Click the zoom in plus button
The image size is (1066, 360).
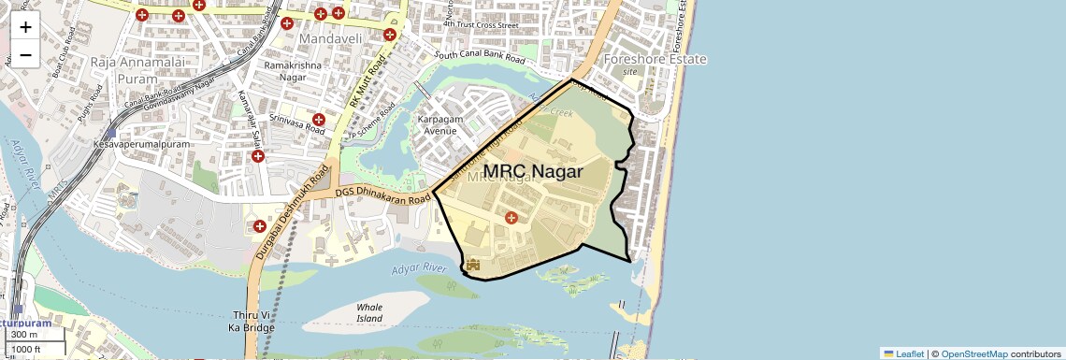click(25, 26)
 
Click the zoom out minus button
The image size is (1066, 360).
click(25, 54)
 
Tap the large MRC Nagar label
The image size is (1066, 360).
click(533, 172)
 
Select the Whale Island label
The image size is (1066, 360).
click(370, 312)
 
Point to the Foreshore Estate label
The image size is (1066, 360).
click(655, 59)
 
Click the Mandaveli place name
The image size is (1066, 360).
click(330, 39)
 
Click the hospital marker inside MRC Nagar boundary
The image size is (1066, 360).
click(511, 218)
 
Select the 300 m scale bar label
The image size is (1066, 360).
click(24, 335)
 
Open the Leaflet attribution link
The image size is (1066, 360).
click(903, 353)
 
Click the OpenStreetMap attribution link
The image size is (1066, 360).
click(973, 353)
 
